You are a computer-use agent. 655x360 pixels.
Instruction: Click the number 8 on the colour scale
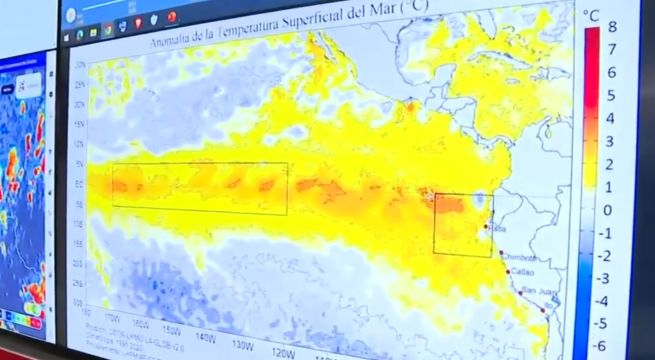click(x=611, y=28)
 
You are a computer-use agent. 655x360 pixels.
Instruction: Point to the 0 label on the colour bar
click(x=610, y=210)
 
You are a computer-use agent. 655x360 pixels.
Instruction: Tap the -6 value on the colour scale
click(x=609, y=345)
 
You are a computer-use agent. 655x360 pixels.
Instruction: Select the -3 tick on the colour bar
click(x=609, y=278)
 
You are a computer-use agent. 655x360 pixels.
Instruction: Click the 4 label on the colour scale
click(x=610, y=119)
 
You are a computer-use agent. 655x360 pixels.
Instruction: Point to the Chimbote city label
click(x=523, y=257)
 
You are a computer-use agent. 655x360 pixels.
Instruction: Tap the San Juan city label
click(x=536, y=291)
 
